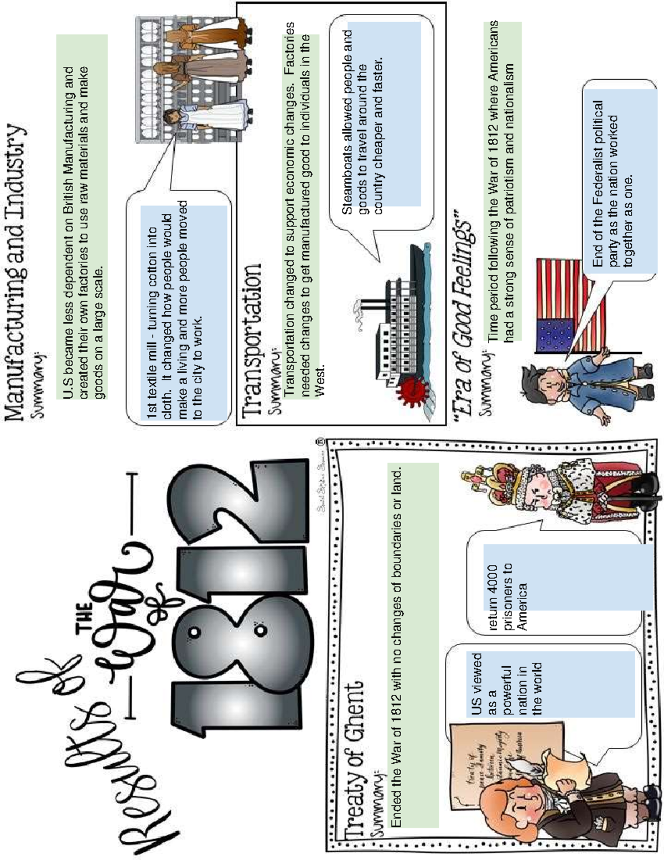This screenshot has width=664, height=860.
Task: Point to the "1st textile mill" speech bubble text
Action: click(x=174, y=310)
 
